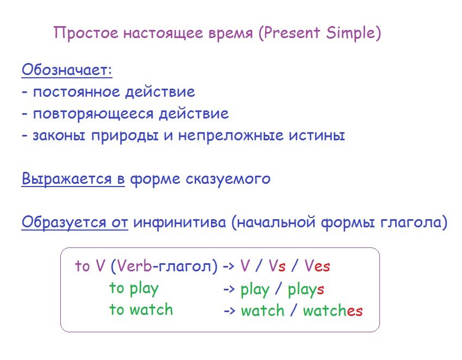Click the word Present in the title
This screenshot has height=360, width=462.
coord(292,33)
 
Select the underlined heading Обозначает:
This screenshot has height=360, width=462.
coord(67,70)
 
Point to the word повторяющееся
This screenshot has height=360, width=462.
coord(93,114)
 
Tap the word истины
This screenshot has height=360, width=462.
coord(316,135)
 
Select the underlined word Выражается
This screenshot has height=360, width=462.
coord(67,179)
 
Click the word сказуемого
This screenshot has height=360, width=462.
coord(228,179)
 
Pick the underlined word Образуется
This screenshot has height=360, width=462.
coord(64,222)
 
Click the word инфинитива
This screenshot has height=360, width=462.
coord(179,222)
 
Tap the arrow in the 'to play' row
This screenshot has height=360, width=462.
coord(229,289)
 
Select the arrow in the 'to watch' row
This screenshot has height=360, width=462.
coord(229,311)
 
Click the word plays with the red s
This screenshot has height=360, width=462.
coord(306,290)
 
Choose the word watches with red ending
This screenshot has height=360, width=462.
coord(333,311)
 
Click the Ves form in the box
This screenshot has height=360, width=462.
coord(317,266)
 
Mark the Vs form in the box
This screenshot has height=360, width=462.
coord(277,266)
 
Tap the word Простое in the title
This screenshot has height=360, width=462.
coord(86,33)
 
